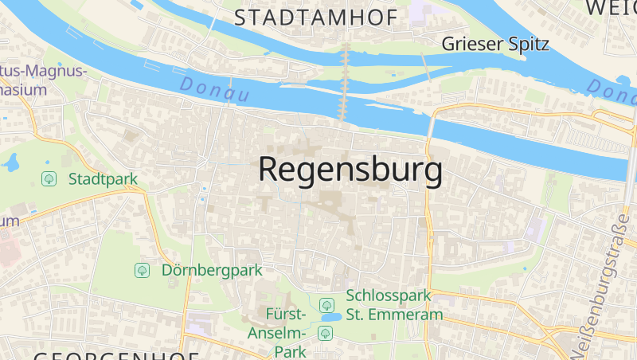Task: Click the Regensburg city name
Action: coord(350,170)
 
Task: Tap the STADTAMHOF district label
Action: coord(316,18)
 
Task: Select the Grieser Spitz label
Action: coord(495,44)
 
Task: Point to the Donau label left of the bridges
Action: coord(214,89)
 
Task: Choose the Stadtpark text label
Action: coord(104,178)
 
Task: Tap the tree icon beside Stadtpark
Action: coord(49,178)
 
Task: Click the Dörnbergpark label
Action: coord(212,270)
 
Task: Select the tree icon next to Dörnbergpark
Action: coord(142,270)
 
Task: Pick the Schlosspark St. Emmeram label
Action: coord(394,305)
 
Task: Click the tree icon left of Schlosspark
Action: coord(326,304)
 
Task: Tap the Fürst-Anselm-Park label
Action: coord(276,332)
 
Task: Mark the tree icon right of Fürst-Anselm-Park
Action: coord(325,333)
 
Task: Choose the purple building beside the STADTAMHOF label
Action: coord(420,14)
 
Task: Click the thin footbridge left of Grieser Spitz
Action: coord(426,68)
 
